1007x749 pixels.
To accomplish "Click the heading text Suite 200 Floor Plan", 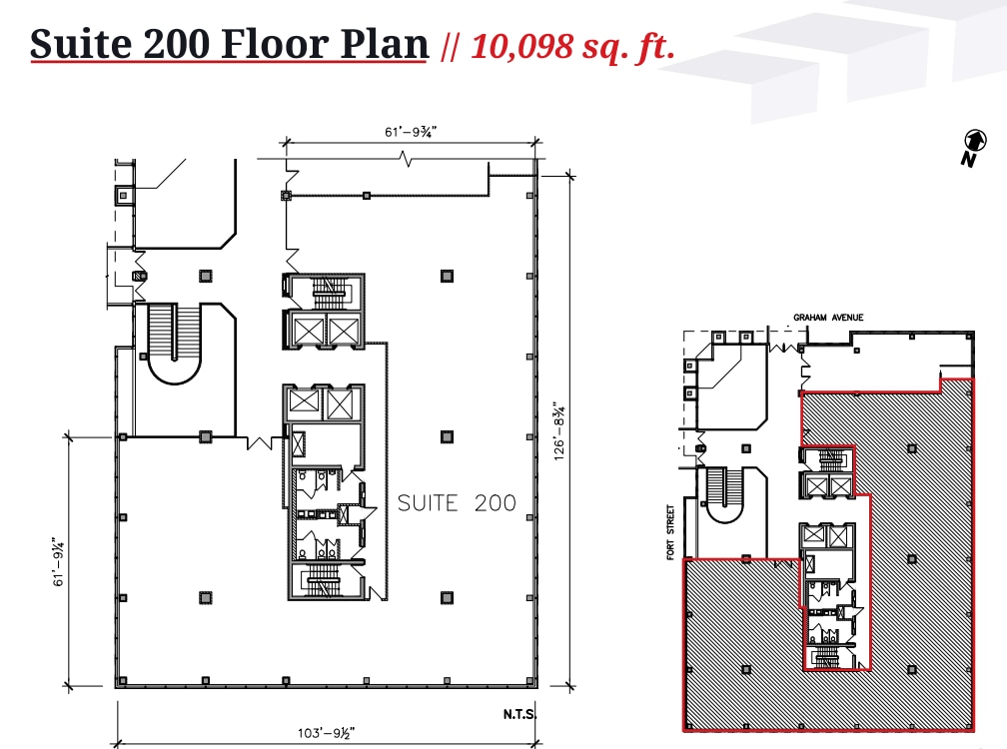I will [x=229, y=44].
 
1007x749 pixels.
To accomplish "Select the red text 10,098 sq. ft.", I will [x=572, y=45].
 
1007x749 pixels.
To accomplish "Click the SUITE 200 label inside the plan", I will [x=457, y=502].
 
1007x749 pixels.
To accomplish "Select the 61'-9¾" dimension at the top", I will [x=412, y=131].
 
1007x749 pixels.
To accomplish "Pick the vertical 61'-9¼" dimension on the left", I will [x=62, y=561].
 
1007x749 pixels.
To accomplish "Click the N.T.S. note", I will [x=520, y=715].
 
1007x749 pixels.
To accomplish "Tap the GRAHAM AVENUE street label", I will [x=828, y=318].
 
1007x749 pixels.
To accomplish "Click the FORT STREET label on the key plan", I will [x=672, y=531].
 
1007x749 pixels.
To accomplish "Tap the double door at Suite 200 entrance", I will [x=263, y=441].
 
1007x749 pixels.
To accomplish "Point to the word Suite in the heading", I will [x=79, y=44].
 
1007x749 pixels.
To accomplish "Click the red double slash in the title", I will [x=450, y=46].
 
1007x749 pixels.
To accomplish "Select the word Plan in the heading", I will [x=384, y=44].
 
